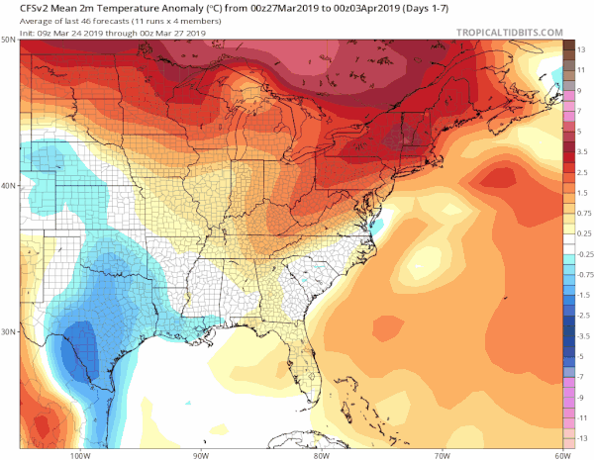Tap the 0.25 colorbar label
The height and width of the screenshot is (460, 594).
point(584,232)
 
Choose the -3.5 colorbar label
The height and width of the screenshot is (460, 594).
point(583,335)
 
